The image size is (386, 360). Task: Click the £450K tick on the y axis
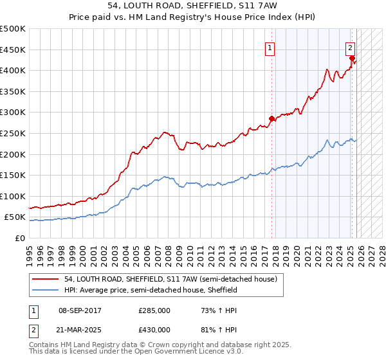[13, 50]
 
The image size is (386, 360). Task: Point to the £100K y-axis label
[13, 196]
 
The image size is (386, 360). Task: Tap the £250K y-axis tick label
[13, 133]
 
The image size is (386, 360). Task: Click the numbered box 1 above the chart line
[270, 47]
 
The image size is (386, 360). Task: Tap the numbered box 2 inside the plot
[350, 47]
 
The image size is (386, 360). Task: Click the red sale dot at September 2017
[271, 118]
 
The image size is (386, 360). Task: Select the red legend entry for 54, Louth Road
[170, 279]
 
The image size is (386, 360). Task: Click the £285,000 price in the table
[154, 310]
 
